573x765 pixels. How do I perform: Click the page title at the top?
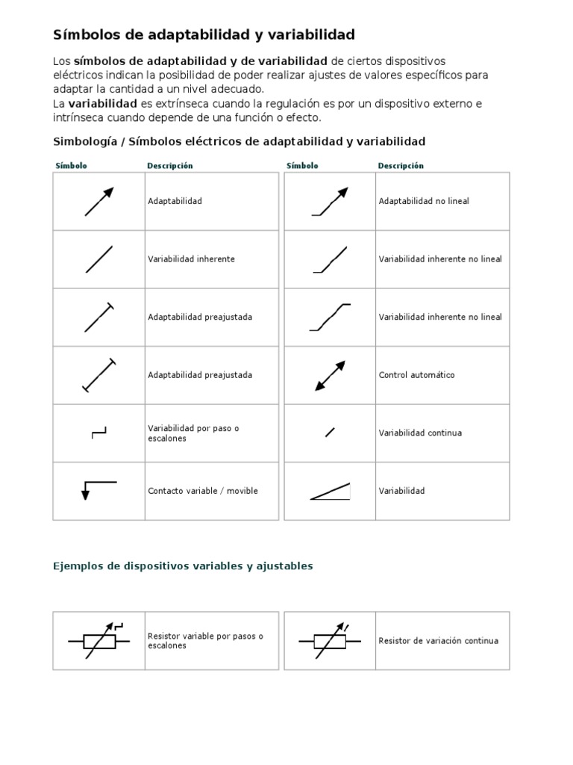(204, 35)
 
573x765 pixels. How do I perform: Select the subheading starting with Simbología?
(239, 141)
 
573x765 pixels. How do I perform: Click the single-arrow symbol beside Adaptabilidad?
(98, 202)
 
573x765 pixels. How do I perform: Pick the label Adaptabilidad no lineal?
(424, 201)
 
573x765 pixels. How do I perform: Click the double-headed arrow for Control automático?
(329, 375)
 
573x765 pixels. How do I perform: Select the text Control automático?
(416, 375)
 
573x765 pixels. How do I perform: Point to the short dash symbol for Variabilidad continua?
(329, 432)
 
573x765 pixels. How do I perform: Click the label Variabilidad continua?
(420, 433)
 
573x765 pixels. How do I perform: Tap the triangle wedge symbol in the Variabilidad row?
(330, 491)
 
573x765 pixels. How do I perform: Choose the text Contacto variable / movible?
(203, 491)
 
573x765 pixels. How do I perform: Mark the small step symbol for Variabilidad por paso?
(98, 433)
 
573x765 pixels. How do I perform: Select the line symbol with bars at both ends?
(98, 375)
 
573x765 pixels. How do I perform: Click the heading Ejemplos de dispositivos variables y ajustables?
(183, 566)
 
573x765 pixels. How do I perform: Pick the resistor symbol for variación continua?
(329, 640)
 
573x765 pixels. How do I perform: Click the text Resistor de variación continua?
(438, 641)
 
